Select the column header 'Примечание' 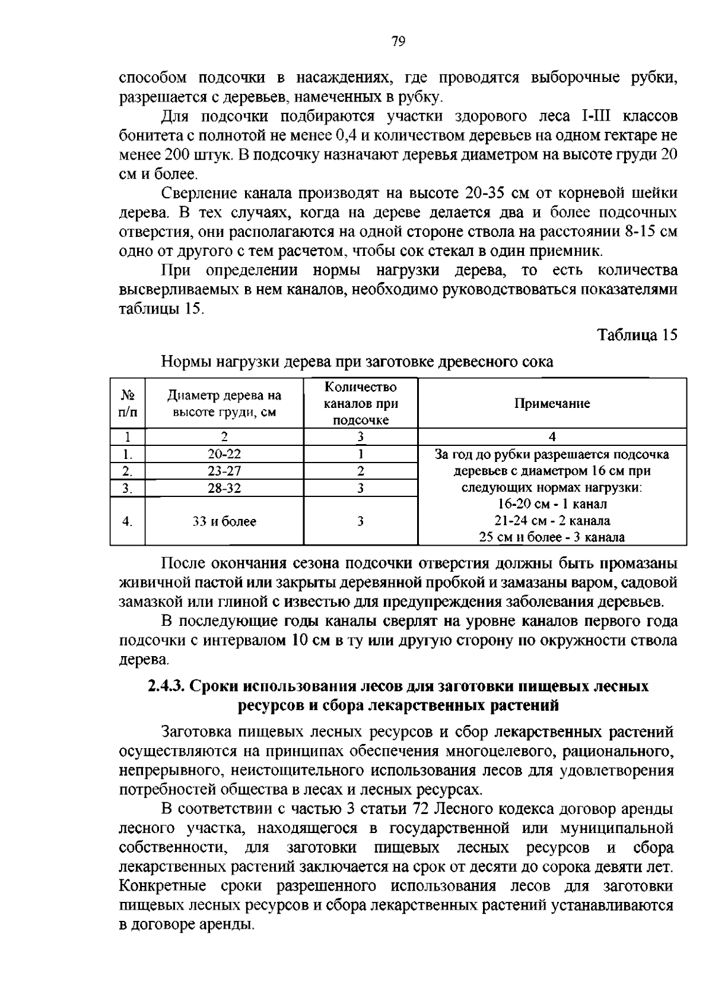(x=552, y=404)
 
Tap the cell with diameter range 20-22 (x=224, y=454)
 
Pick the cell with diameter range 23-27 (x=224, y=471)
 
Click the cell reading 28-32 (x=224, y=488)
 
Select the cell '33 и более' (x=224, y=521)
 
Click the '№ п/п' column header (x=127, y=403)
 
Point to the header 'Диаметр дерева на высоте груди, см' (x=224, y=403)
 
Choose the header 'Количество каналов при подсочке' (x=360, y=403)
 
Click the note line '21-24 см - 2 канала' (x=552, y=521)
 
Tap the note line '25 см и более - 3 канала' (x=552, y=537)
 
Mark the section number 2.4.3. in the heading (x=167, y=686)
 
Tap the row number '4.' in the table (x=127, y=521)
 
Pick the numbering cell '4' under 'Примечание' (x=552, y=437)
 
